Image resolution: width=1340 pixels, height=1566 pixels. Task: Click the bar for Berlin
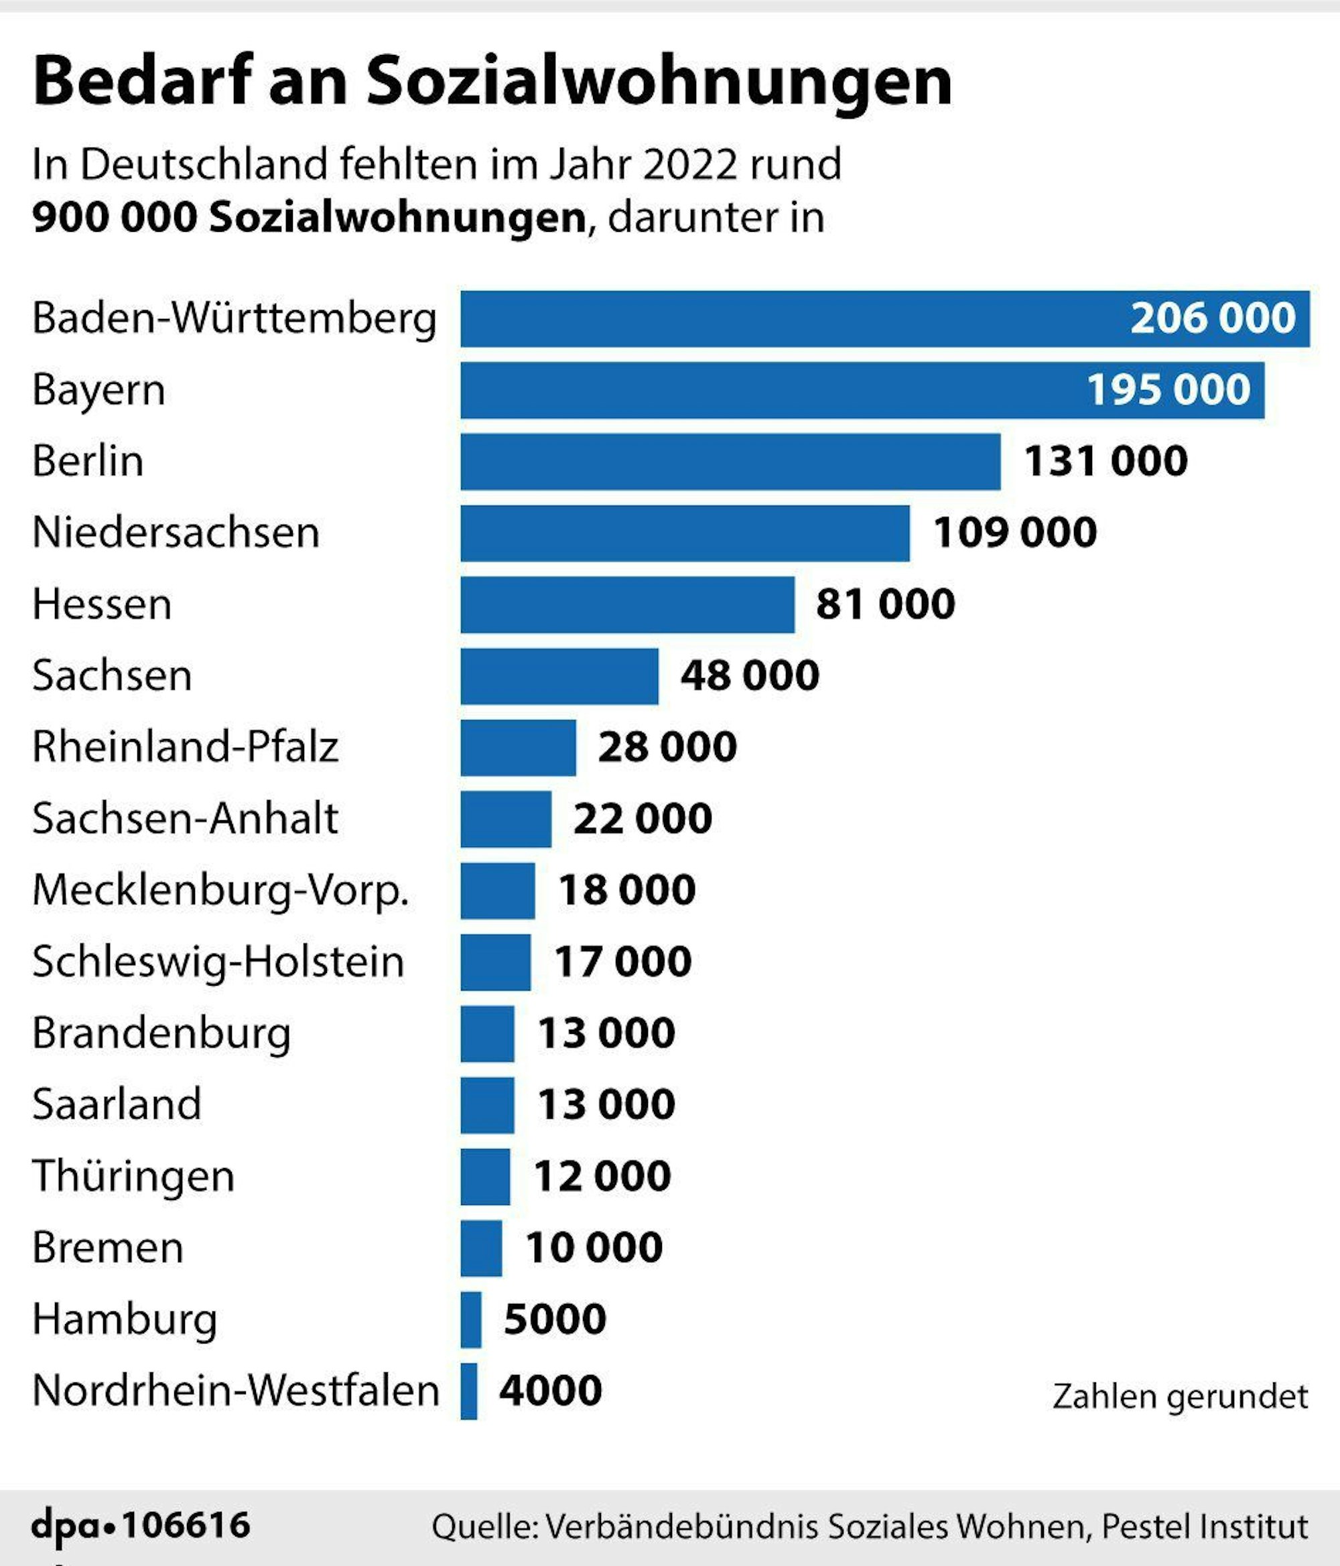tap(730, 461)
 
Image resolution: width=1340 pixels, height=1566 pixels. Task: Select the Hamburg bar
tap(471, 1319)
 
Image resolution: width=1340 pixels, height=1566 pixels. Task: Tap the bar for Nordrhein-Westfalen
tap(468, 1390)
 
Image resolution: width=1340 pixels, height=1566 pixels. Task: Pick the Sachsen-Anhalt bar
tap(506, 819)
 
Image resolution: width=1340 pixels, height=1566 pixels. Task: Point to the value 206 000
tap(1212, 318)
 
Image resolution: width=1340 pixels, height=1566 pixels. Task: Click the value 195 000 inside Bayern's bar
tap(1168, 390)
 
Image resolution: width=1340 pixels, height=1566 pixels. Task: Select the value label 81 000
tap(885, 604)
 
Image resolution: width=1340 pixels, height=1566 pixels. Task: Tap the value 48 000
tap(749, 675)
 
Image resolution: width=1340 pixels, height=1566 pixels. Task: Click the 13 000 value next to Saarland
tap(606, 1104)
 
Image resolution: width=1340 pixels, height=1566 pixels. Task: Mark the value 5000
tap(555, 1319)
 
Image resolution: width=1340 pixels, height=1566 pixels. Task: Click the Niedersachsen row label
tap(176, 533)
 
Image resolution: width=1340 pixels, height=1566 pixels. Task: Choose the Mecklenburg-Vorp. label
tap(220, 890)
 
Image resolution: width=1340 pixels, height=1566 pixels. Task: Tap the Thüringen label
tap(133, 1176)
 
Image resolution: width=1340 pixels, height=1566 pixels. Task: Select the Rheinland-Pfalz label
tap(185, 746)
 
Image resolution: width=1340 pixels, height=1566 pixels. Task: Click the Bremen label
tap(108, 1247)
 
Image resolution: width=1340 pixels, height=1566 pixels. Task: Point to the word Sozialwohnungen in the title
tap(659, 82)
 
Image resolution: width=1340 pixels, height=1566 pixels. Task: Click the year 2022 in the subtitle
tap(689, 165)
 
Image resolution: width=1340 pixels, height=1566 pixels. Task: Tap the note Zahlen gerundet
tap(1180, 1396)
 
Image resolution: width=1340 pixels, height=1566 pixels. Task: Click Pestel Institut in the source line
tap(1205, 1526)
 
